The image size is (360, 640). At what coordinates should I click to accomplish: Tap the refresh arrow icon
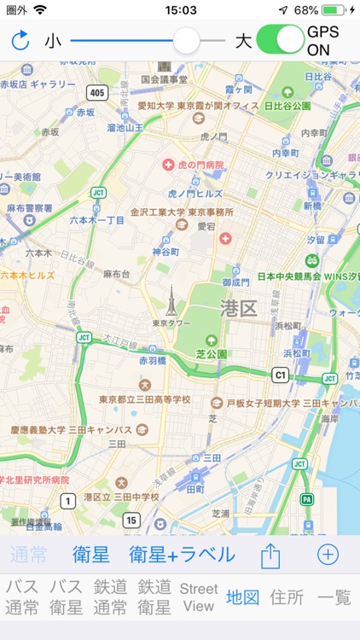(x=20, y=40)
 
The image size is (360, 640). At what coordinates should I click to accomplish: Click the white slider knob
(x=186, y=40)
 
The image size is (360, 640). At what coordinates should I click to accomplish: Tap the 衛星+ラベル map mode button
(x=182, y=555)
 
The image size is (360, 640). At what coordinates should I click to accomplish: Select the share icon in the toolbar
(x=270, y=556)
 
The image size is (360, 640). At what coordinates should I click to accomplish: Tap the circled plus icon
(x=328, y=555)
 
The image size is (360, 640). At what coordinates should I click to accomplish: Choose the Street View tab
(x=199, y=597)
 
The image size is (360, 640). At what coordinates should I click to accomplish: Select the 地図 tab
(x=243, y=597)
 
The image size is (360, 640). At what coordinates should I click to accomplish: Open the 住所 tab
(x=287, y=597)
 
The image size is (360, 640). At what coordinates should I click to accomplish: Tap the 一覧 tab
(x=334, y=597)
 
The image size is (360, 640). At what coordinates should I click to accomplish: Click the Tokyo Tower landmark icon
(x=171, y=301)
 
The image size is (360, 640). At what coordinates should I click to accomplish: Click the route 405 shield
(x=97, y=93)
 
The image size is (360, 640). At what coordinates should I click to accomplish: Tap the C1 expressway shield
(x=280, y=374)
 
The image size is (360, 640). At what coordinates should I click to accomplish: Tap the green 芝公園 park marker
(x=211, y=340)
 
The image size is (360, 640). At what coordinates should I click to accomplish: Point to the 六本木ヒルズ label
(x=28, y=275)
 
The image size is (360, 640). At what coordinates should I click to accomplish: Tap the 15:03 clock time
(x=180, y=10)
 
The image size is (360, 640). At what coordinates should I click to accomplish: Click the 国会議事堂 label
(x=164, y=79)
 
